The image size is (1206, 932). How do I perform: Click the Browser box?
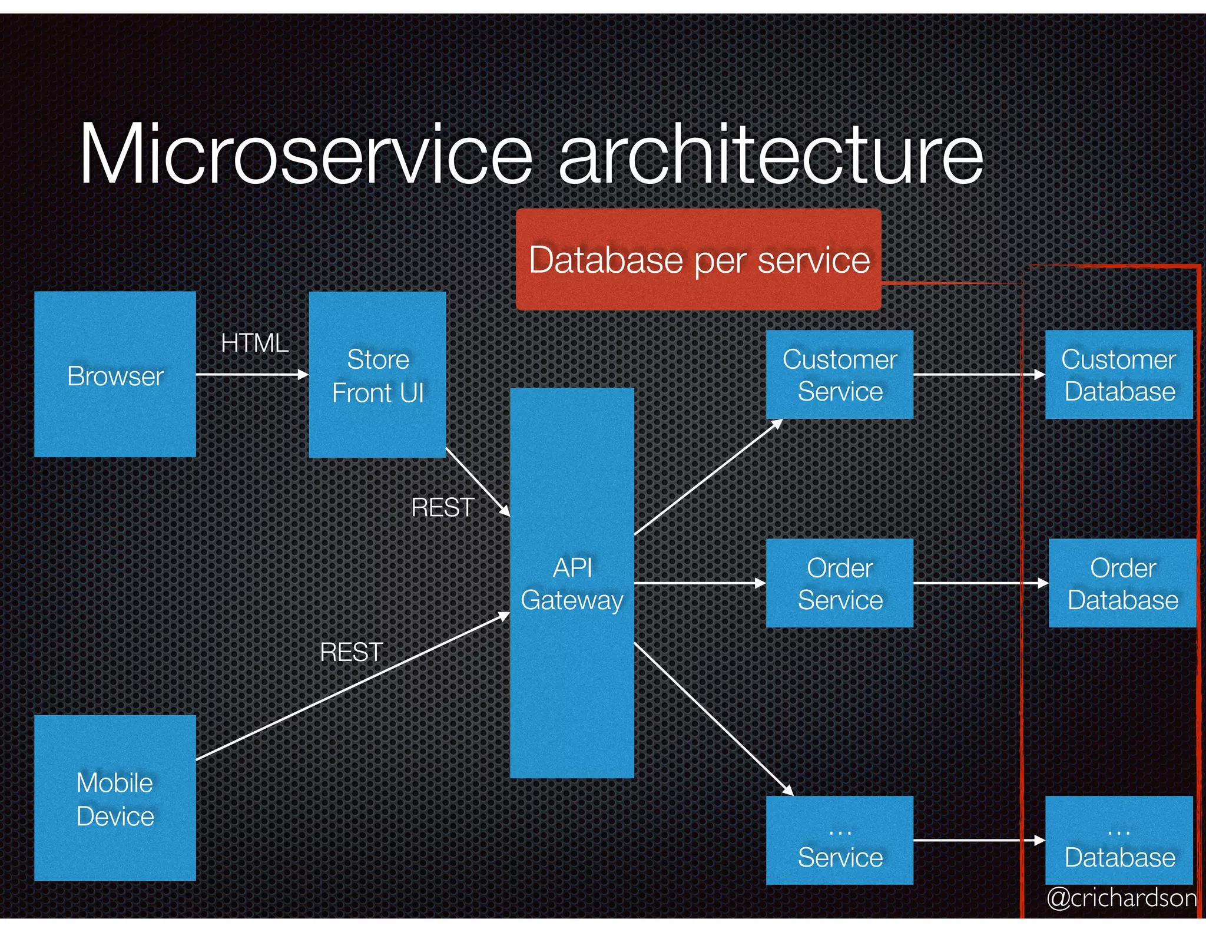[115, 374]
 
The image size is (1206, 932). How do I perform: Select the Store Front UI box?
[377, 375]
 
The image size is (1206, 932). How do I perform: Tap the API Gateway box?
[572, 583]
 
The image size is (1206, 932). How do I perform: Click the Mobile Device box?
[115, 798]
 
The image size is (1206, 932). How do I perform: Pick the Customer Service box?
[839, 375]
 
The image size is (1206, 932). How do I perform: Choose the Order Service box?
[839, 583]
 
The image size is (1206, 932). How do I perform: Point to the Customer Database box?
[1119, 375]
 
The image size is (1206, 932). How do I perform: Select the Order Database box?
[1122, 583]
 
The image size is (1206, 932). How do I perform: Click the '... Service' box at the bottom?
[839, 841]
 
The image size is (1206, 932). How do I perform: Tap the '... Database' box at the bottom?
[1119, 841]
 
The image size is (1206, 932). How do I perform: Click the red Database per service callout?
[698, 260]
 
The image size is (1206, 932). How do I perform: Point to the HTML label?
[254, 343]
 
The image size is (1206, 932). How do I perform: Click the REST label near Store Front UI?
[443, 507]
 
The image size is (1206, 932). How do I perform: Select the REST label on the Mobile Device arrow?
[352, 652]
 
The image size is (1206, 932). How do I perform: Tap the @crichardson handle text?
[1121, 898]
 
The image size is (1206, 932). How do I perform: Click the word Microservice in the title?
[306, 154]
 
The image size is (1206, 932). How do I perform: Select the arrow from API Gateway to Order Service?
[700, 583]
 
